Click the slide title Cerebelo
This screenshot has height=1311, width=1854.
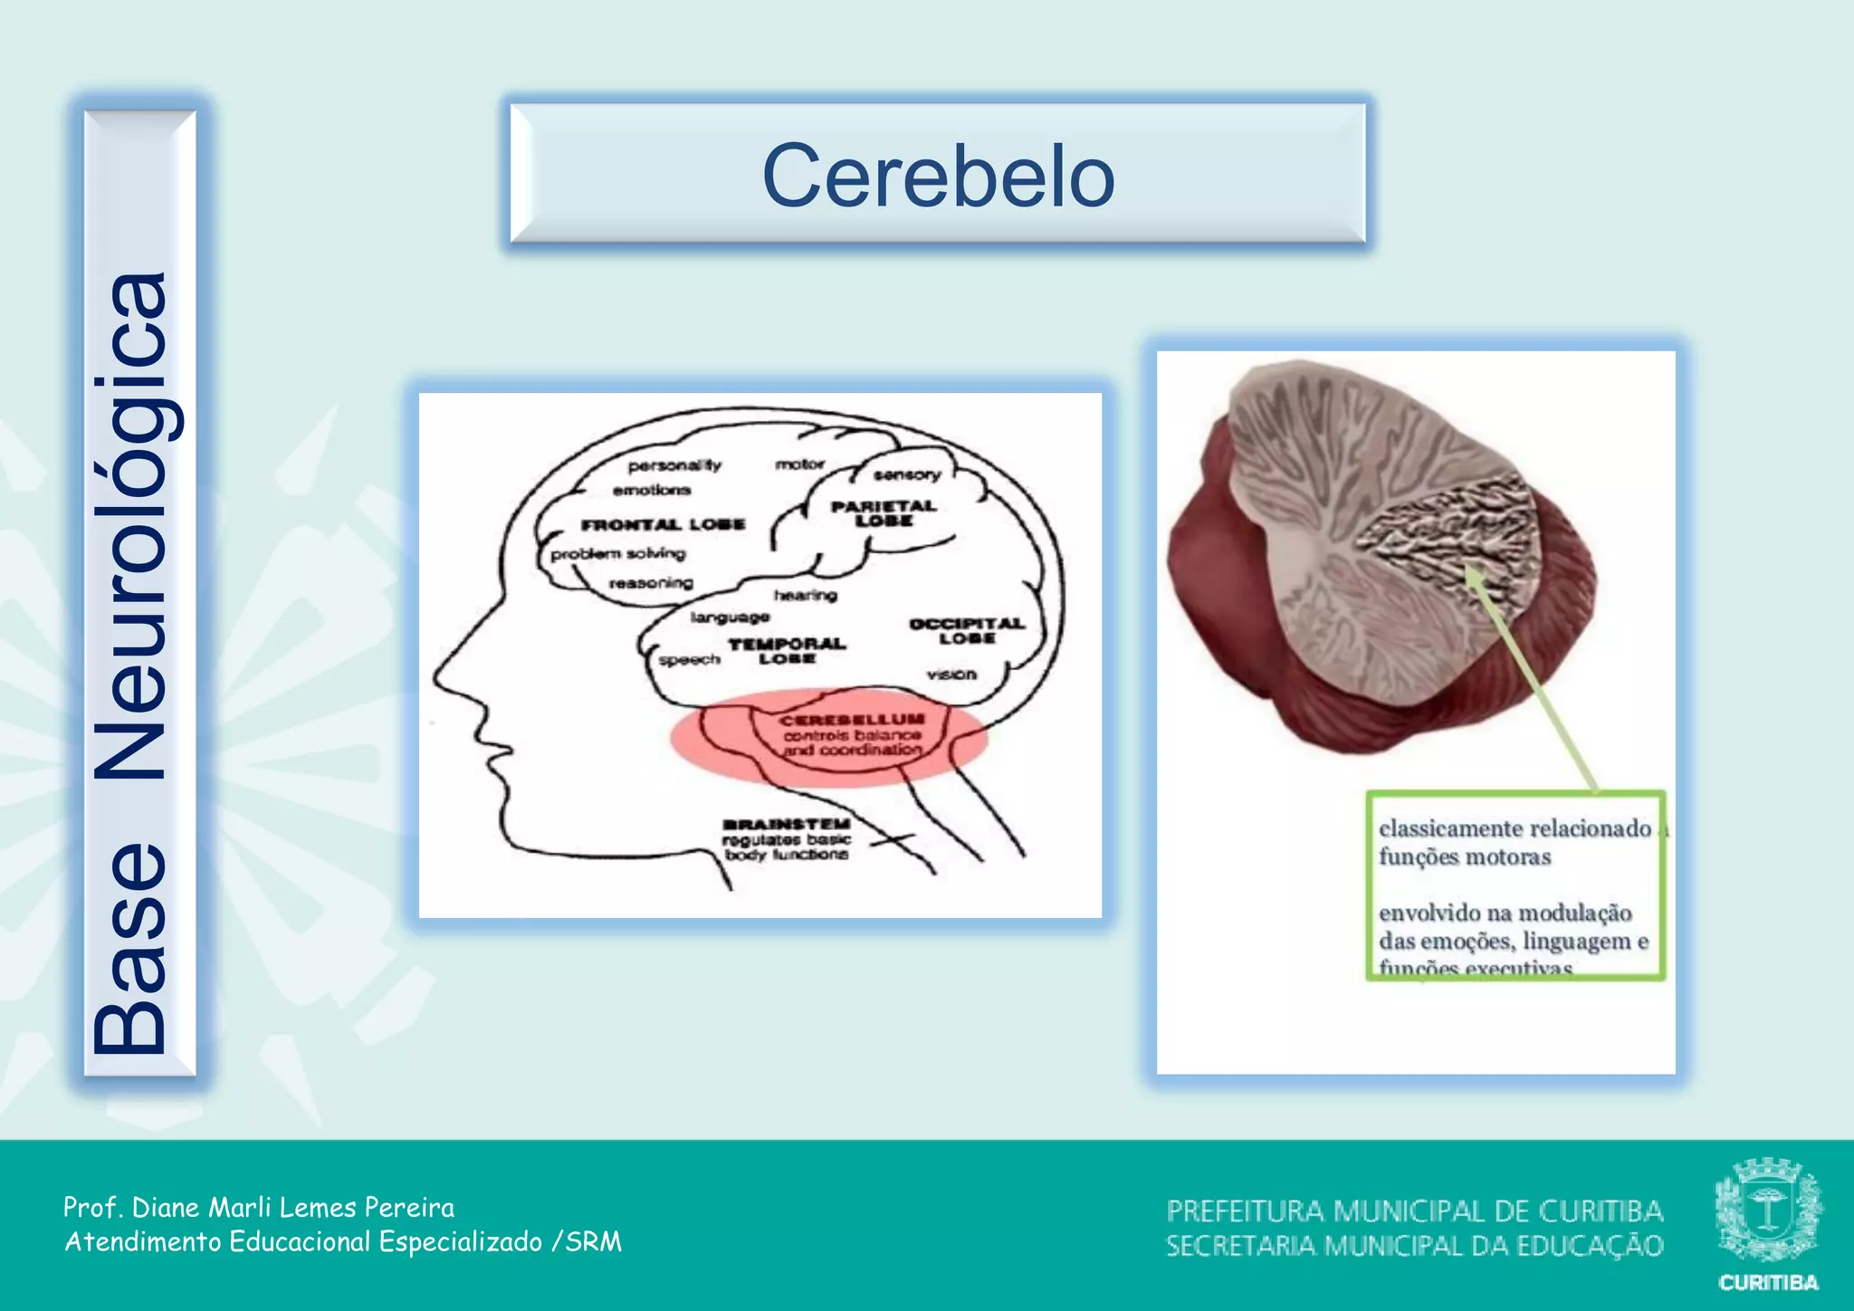coord(938,176)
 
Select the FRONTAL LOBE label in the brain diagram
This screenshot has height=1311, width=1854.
coord(663,524)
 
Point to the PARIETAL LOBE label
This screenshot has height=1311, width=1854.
coord(884,513)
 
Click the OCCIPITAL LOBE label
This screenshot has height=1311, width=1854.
coord(967,631)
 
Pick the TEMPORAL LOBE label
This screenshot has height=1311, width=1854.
coord(787,651)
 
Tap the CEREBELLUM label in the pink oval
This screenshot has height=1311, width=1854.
coord(853,720)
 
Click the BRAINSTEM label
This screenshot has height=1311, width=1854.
coord(786,824)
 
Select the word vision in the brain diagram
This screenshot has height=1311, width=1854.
coord(951,675)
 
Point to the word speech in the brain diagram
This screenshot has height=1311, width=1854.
coord(690,660)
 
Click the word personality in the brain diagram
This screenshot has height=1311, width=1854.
coord(674,465)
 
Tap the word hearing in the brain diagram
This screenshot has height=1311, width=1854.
coord(805,595)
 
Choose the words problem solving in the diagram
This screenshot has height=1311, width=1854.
coord(618,553)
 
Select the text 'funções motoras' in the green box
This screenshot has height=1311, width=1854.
coord(1465,856)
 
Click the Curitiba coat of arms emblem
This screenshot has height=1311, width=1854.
coord(1768,1210)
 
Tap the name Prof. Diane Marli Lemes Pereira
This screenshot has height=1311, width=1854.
coord(259,1207)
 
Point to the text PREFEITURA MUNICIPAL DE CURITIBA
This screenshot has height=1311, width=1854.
coord(1414,1211)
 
